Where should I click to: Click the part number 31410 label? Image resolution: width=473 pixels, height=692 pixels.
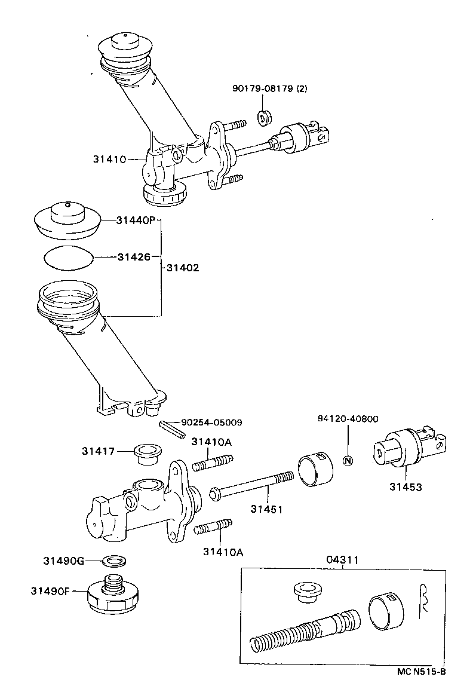(109, 159)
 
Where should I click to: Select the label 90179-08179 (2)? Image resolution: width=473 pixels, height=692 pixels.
(269, 89)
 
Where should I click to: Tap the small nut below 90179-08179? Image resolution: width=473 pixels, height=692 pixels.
(263, 117)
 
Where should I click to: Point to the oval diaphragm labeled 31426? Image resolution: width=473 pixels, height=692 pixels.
(69, 257)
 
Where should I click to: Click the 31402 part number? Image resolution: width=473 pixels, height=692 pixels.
(182, 268)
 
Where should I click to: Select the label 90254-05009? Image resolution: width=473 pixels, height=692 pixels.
(211, 422)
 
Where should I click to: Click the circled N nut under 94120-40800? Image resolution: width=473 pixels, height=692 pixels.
(349, 460)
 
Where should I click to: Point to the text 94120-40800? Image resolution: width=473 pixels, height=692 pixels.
(347, 419)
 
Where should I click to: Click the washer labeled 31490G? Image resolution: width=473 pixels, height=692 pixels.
(114, 561)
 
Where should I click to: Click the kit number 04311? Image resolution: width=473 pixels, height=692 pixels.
(343, 560)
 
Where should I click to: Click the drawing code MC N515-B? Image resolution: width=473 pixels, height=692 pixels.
(421, 671)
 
